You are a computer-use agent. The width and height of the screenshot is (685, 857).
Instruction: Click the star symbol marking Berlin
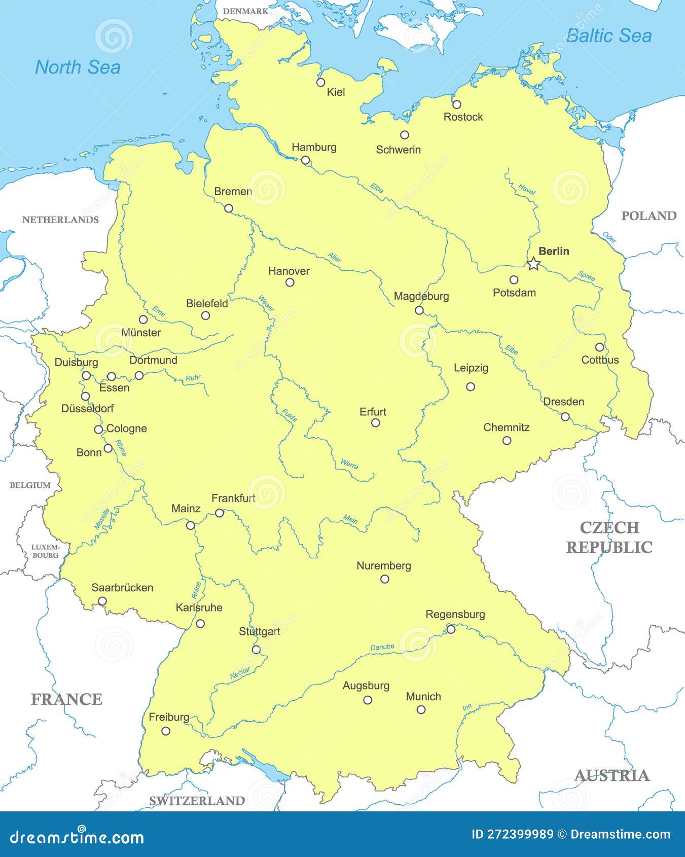[533, 264]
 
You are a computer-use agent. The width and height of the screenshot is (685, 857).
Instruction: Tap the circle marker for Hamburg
[305, 160]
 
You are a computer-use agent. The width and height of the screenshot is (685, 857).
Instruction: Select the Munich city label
[423, 696]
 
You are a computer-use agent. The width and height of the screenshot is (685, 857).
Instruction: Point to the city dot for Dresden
[565, 417]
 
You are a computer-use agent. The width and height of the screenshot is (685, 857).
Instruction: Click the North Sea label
[78, 67]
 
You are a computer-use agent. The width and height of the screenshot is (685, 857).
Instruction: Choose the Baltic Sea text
[608, 35]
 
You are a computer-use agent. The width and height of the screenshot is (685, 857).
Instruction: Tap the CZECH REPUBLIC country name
[609, 537]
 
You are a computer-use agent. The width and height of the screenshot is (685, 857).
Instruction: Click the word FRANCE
[66, 699]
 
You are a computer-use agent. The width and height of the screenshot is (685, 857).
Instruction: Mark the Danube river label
[382, 647]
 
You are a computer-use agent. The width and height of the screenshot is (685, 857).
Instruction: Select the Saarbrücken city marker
[102, 601]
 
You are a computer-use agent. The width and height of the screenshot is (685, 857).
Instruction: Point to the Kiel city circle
[320, 82]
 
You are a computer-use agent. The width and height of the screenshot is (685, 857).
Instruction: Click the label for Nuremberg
[384, 565]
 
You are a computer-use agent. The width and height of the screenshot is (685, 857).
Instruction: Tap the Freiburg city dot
[166, 731]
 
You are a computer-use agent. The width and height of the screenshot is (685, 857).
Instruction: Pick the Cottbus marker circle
[599, 347]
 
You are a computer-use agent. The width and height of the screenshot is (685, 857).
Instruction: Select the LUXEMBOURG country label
[45, 551]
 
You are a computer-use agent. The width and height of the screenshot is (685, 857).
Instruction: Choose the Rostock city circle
[456, 104]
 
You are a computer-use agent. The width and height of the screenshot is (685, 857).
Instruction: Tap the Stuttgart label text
[259, 631]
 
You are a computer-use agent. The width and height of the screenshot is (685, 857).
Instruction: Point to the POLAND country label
[648, 216]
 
